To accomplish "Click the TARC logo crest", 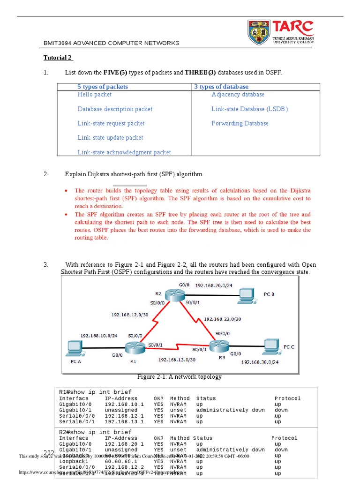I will click(259, 32).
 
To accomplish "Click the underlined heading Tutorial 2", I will click(58, 58).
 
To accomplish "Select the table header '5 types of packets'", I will click(103, 87).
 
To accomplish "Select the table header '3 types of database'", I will click(221, 87).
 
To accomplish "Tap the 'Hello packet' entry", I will click(95, 95).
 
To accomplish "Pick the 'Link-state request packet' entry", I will click(111, 123).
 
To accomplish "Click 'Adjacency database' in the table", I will click(238, 95).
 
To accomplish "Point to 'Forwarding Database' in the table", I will click(240, 123).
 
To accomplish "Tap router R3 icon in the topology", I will click(219, 346).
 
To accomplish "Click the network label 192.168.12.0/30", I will click(130, 315).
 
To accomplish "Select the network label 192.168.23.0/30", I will click(222, 319).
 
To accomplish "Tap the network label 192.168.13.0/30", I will click(177, 360).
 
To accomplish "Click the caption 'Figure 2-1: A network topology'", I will click(180, 377).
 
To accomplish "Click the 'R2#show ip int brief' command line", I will click(95, 432).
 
